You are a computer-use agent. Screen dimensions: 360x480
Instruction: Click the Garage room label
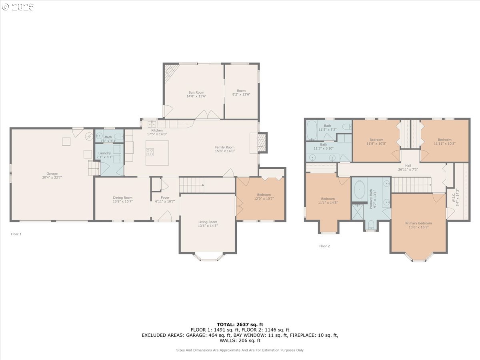[x=52, y=174]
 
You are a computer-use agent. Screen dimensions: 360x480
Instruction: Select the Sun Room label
[x=196, y=92]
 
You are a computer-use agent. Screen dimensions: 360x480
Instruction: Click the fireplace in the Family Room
[x=261, y=143]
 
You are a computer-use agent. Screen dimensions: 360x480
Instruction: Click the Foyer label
[x=165, y=198]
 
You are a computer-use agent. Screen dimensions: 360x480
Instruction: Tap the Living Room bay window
[x=208, y=257]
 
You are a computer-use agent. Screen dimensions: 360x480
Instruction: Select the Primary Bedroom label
[x=418, y=223]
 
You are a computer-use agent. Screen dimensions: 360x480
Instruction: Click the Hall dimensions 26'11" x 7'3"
[x=408, y=170]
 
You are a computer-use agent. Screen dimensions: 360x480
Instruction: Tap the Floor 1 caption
[x=16, y=234]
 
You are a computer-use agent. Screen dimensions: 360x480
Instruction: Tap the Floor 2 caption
[x=324, y=246]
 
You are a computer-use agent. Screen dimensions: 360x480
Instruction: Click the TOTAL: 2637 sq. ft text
[x=240, y=324]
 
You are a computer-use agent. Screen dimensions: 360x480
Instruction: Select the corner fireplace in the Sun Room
[x=171, y=72]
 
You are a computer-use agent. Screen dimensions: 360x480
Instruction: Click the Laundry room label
[x=104, y=153]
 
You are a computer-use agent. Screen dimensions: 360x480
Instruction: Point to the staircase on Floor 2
[x=412, y=185]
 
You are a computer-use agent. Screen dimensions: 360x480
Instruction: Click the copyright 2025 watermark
[x=18, y=7]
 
